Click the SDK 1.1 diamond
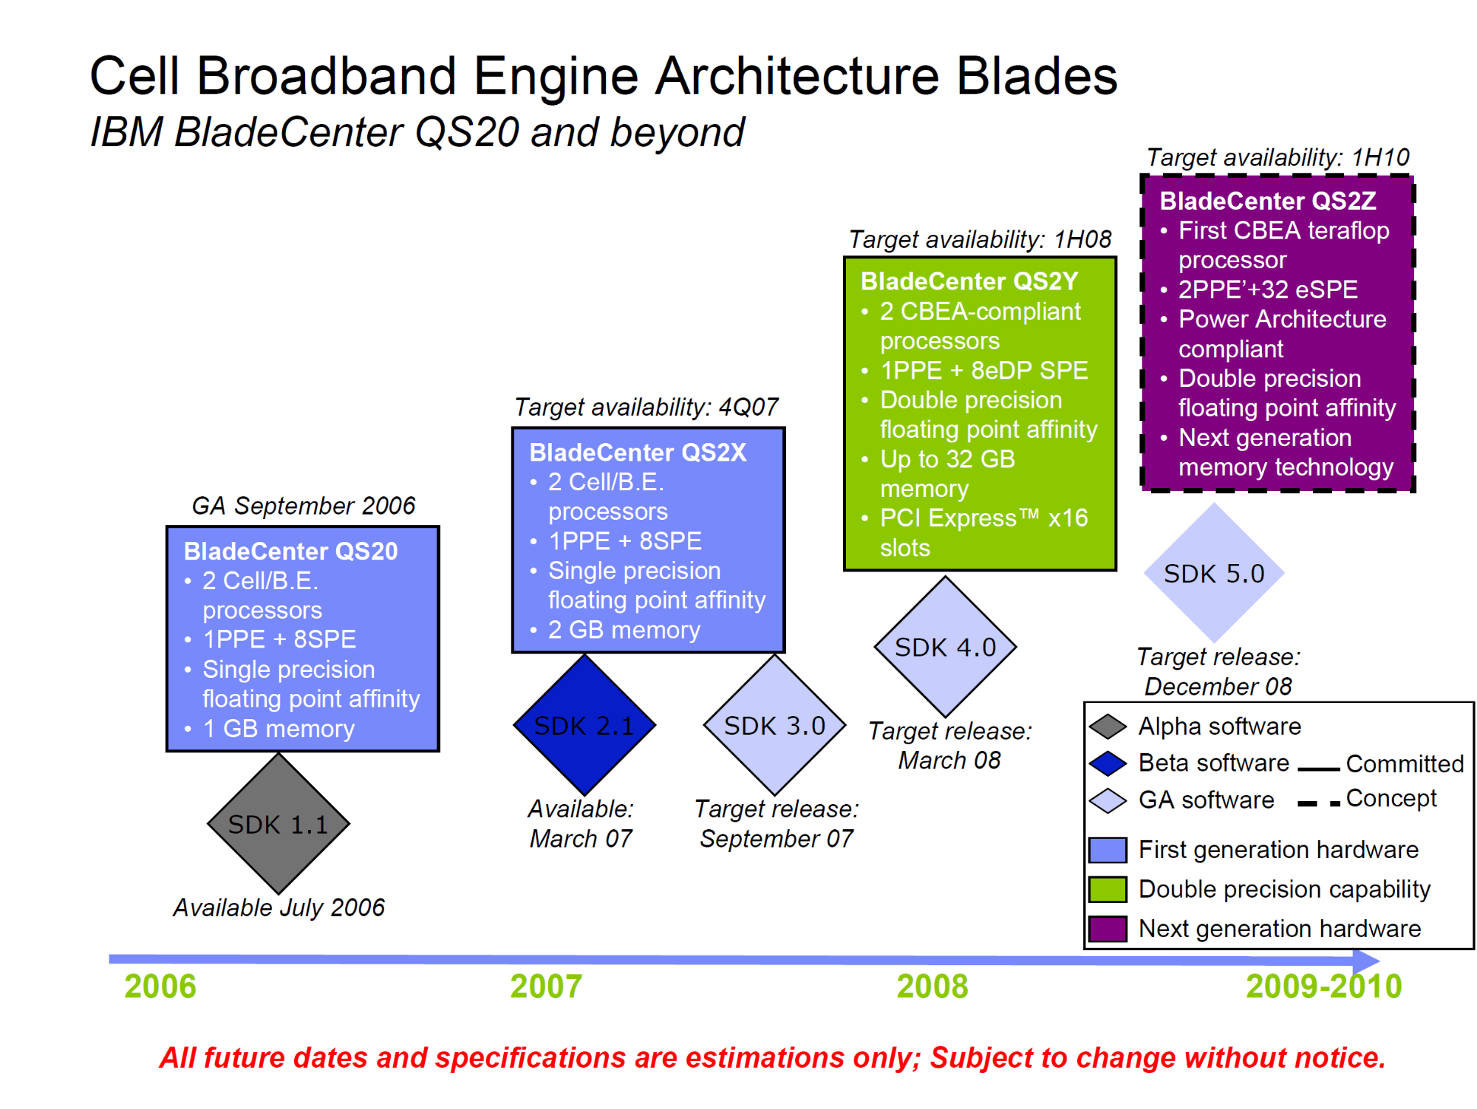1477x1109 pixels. pyautogui.click(x=278, y=823)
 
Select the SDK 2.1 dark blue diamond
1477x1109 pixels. pyautogui.click(x=584, y=725)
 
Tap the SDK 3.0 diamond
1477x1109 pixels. pyautogui.click(x=774, y=725)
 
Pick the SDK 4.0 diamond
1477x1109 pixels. pyautogui.click(x=945, y=647)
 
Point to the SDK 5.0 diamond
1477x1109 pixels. pyautogui.click(x=1213, y=573)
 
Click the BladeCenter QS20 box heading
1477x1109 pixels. pyautogui.click(x=290, y=551)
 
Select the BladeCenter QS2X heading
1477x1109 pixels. pyautogui.click(x=638, y=452)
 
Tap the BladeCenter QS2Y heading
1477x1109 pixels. pyautogui.click(x=969, y=281)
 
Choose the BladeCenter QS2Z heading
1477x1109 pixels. pyautogui.click(x=1267, y=200)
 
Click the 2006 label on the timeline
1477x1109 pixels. pyautogui.click(x=160, y=986)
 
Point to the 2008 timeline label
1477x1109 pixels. pyautogui.click(x=932, y=986)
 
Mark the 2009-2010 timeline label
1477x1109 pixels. pyautogui.click(x=1323, y=986)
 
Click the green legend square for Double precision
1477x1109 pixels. pyautogui.click(x=1108, y=889)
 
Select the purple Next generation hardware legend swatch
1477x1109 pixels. pyautogui.click(x=1108, y=928)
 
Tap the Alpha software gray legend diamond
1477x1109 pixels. pyautogui.click(x=1108, y=726)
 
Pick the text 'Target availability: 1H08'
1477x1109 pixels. pyautogui.click(x=980, y=239)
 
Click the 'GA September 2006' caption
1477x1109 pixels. pyautogui.click(x=303, y=506)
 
